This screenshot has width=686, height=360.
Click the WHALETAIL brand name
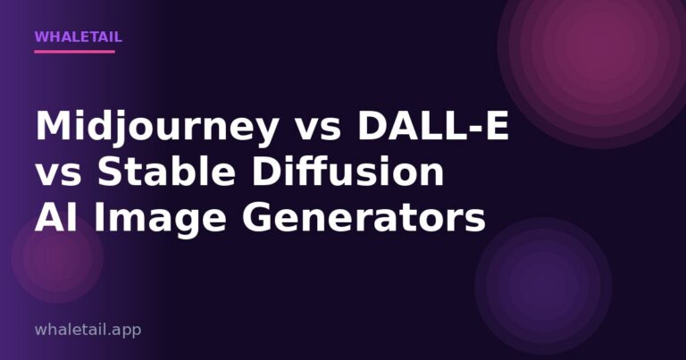coord(78,38)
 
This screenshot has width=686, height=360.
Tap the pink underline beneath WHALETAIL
coord(74,51)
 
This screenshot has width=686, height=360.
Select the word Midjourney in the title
coord(156,128)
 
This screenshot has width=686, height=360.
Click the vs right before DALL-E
coord(317,128)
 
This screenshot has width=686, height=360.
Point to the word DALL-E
coord(433,128)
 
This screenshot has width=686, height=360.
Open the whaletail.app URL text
coord(88,330)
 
